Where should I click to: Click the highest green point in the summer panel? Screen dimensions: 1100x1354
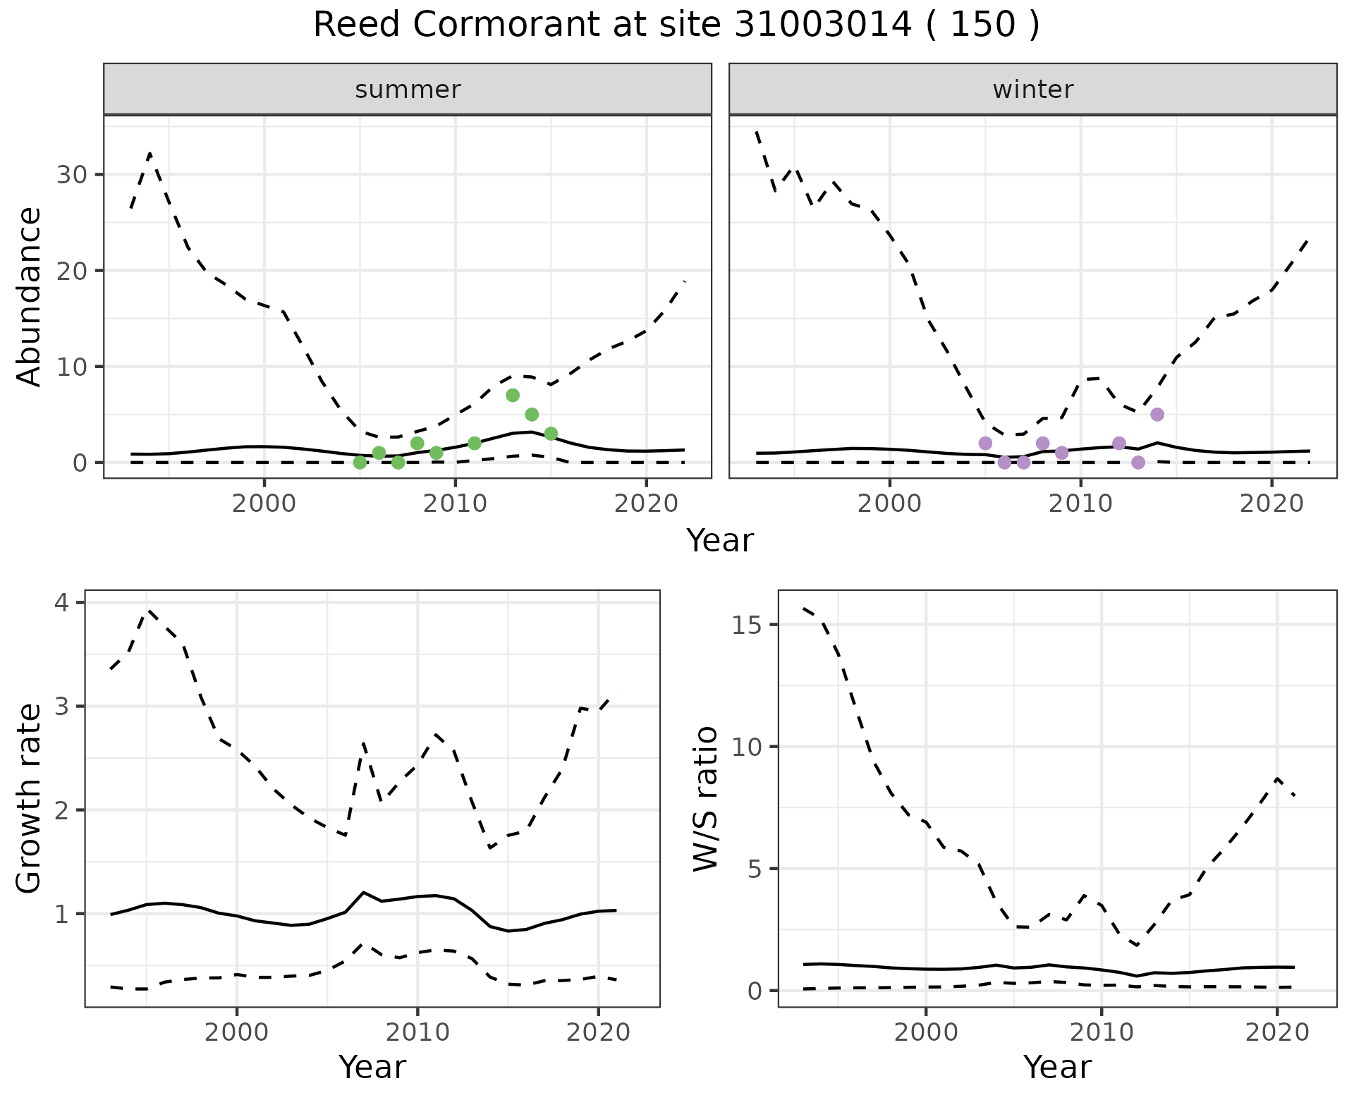pos(513,395)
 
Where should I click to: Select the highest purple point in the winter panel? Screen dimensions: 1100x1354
pos(1157,414)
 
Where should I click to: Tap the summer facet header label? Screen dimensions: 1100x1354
pos(408,90)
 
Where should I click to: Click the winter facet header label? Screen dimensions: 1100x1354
pos(1032,90)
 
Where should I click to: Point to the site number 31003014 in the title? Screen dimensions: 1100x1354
pos(822,25)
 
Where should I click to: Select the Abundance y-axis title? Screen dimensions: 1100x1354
pos(29,296)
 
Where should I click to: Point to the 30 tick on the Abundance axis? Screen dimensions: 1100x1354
pos(71,175)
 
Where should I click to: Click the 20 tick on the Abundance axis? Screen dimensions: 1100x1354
pos(71,271)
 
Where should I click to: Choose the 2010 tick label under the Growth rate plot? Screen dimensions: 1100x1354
pos(417,1032)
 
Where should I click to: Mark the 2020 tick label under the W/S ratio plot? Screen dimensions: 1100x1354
pos(1277,1032)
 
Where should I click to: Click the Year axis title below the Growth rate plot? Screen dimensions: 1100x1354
pos(372,1067)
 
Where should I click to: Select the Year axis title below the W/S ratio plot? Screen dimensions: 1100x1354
pos(1057,1067)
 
